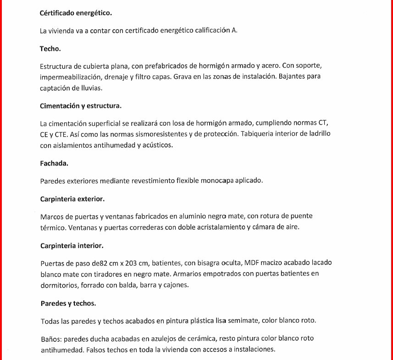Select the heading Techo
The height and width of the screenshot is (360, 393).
tap(50, 48)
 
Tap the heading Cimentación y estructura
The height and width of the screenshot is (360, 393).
tap(81, 106)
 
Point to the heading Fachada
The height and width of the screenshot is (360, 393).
tap(54, 163)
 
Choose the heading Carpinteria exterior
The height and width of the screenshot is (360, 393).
tap(72, 199)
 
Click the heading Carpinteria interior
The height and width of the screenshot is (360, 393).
tap(72, 245)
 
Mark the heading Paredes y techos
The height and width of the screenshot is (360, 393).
tap(68, 304)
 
